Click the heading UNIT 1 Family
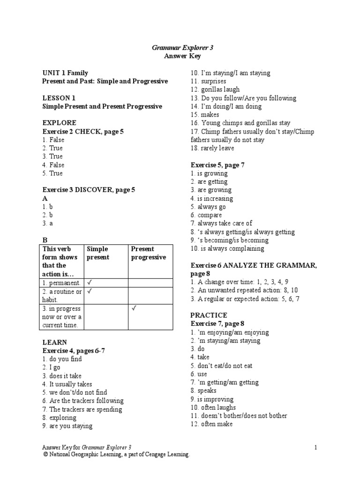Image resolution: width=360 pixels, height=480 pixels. pos(65,73)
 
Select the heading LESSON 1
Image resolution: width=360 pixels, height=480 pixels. pos(59,98)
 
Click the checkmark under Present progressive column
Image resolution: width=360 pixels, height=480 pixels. pos(133,308)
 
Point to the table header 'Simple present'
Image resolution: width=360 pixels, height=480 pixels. pos(97,253)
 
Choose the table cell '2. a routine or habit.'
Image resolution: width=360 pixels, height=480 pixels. pos(62,295)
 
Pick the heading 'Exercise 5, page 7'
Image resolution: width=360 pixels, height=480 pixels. pos(217,165)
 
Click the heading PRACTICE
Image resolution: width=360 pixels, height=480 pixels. pos(209,315)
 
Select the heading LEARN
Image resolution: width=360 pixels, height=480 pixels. pos(54,342)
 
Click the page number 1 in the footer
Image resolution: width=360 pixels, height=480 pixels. pos(316,448)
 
